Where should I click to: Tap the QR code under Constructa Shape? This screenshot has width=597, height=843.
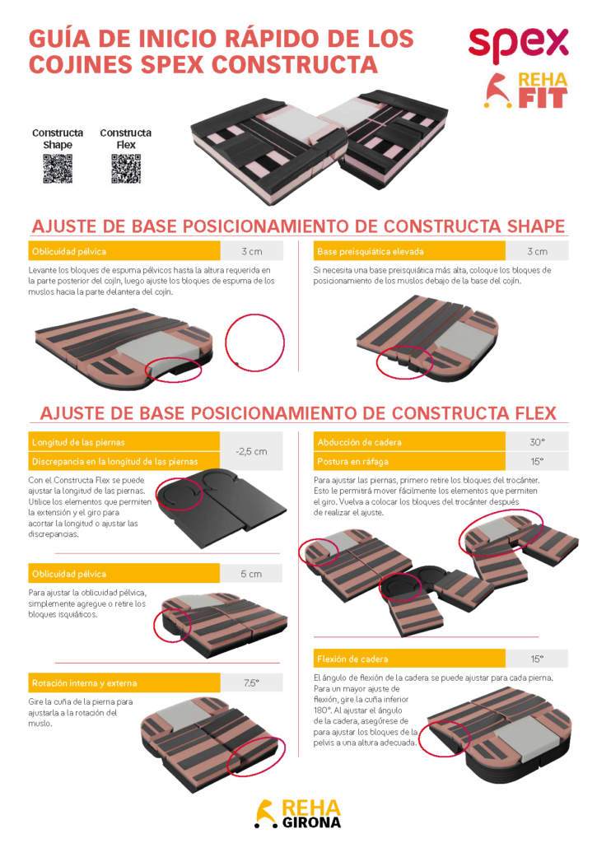coord(58,169)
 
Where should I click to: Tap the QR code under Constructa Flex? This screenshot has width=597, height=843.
coord(126,169)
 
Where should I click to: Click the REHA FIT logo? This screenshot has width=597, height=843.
coord(526,91)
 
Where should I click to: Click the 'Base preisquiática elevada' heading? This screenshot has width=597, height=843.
coord(371,252)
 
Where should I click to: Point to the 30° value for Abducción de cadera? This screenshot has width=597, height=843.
coord(537,442)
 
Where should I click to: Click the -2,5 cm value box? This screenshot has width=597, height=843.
coord(251,452)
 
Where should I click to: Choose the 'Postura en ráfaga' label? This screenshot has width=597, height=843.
coord(352,461)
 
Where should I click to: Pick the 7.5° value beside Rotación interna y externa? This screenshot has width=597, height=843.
coord(251,682)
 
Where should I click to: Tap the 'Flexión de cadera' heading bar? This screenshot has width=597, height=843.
coord(409,659)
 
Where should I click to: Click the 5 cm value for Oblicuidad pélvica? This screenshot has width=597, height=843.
coord(251,574)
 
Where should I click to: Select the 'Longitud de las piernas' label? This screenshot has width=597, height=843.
coord(78,442)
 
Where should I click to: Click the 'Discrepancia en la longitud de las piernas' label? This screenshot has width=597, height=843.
coord(115,461)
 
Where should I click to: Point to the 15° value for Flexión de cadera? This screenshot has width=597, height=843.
coord(537,659)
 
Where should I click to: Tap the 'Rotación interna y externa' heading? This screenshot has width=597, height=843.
coord(85,682)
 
